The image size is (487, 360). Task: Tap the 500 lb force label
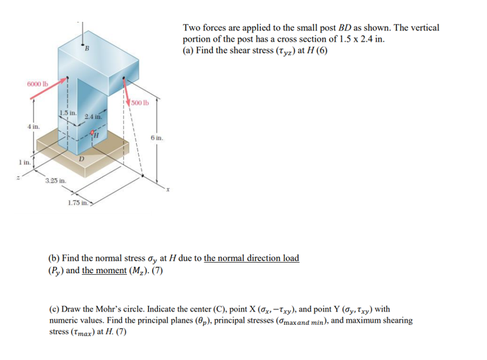140,103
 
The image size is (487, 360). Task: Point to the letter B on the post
87,49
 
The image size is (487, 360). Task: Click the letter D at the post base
82,159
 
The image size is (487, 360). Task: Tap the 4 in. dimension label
33,127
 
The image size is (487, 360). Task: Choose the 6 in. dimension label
156,139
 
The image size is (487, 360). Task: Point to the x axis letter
168,190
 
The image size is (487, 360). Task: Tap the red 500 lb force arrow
126,92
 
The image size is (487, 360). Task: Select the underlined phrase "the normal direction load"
251,259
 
